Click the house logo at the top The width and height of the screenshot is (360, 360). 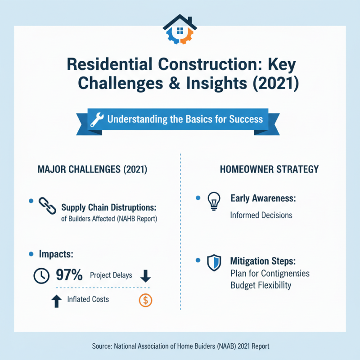(180, 30)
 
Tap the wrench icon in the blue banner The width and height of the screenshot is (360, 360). (97, 120)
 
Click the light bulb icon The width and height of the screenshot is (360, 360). (213, 201)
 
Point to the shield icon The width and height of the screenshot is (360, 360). (214, 263)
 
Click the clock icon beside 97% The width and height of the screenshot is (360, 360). (42, 275)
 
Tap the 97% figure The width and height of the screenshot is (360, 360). (69, 275)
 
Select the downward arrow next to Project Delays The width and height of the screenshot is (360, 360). (145, 275)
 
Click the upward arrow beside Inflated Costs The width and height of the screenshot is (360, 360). (56, 301)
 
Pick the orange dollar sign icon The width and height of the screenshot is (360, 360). (145, 300)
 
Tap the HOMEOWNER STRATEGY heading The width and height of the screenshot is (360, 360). (269, 170)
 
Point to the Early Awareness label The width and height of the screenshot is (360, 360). (263, 198)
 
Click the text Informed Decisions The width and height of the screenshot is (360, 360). (261, 215)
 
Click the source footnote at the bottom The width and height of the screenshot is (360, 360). (180, 346)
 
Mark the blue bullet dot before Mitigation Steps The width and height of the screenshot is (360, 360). (198, 261)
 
